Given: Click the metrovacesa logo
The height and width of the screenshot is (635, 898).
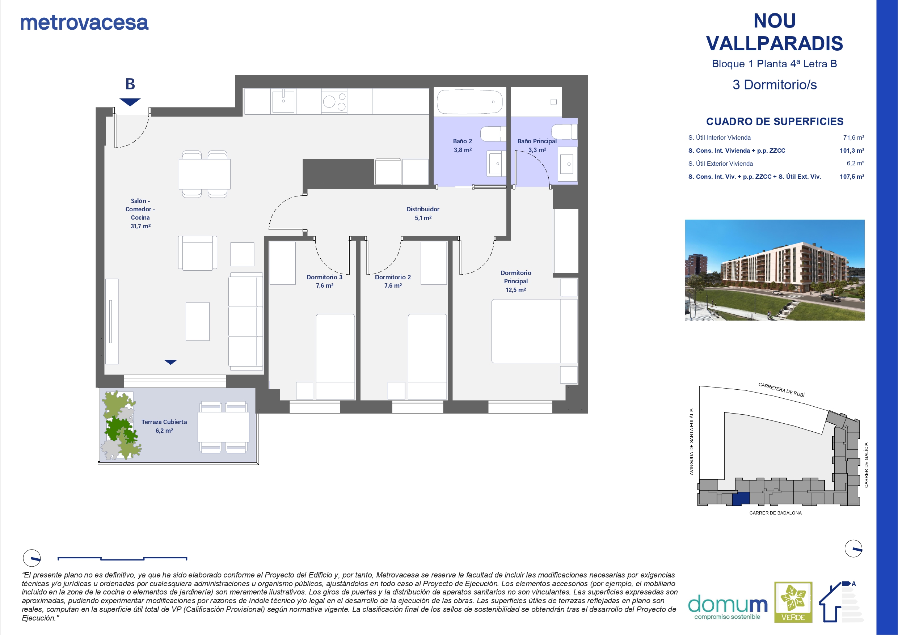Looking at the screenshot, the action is pos(84,23).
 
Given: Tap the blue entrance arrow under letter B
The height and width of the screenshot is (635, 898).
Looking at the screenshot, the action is pos(130,102).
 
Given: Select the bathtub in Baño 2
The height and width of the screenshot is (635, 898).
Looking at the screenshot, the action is pos(469,102).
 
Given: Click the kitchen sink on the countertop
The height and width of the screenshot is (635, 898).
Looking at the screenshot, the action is pos(283,101).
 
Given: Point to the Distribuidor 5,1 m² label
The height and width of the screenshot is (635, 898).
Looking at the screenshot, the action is pos(423,213).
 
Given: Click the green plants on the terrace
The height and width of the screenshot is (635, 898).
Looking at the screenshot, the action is pos(121,425).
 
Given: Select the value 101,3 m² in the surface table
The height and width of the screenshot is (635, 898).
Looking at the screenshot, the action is pos(852,151).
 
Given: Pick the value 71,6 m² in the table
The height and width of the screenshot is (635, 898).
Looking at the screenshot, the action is pos(854,137).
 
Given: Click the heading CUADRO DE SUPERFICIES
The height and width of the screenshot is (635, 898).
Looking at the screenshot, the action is pos(775,122).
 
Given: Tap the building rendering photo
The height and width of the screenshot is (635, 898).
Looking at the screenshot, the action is pos(775,270).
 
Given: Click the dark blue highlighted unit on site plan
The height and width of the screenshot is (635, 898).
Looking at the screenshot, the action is pos(741,499).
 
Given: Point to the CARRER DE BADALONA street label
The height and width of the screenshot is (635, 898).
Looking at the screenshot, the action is pos(776,513).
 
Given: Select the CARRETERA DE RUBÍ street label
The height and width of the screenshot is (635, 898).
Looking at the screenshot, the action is pos(781,390).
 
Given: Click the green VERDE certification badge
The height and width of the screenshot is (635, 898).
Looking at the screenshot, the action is pos(793,602).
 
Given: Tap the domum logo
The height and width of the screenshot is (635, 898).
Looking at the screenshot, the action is pos(728,607).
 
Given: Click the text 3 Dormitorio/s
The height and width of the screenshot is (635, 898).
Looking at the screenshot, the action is pos(775,85).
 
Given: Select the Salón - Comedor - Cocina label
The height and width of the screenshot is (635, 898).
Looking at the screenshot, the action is pos(140,213).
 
